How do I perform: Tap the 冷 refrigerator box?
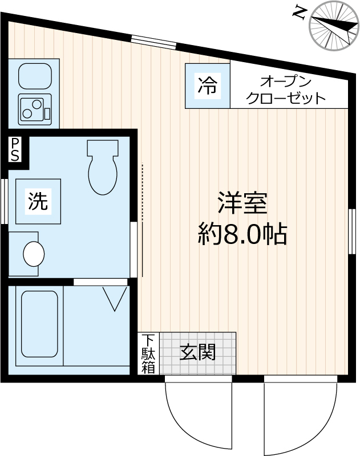(x=207, y=85)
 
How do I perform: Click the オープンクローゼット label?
(x=285, y=89)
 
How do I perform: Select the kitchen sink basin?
(x=35, y=75)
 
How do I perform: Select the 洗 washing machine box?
(x=38, y=201)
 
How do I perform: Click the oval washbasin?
(x=34, y=254)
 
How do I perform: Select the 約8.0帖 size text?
(x=242, y=233)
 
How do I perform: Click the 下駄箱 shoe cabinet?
(x=148, y=353)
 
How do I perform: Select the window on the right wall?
(x=352, y=231)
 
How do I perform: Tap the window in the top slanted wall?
(x=153, y=42)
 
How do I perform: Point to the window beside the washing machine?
(x=4, y=201)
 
